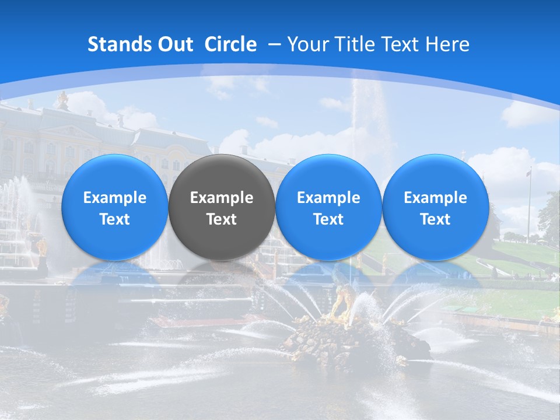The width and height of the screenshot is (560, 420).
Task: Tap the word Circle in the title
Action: pos(230,44)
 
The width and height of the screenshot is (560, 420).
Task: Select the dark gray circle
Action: pos(222,208)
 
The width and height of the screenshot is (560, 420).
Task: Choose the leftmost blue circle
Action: pos(115,208)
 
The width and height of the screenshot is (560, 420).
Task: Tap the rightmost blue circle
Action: pos(436,208)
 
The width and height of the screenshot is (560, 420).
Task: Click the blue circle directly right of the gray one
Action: pos(328,208)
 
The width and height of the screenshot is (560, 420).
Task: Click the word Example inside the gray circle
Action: pos(222,198)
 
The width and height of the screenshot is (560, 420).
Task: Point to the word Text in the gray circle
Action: pos(222,219)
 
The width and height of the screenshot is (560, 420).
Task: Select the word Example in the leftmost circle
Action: pos(115,198)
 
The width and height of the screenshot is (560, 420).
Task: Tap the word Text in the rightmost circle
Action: pos(436,219)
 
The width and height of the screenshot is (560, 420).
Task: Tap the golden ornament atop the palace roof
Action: pos(62,100)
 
